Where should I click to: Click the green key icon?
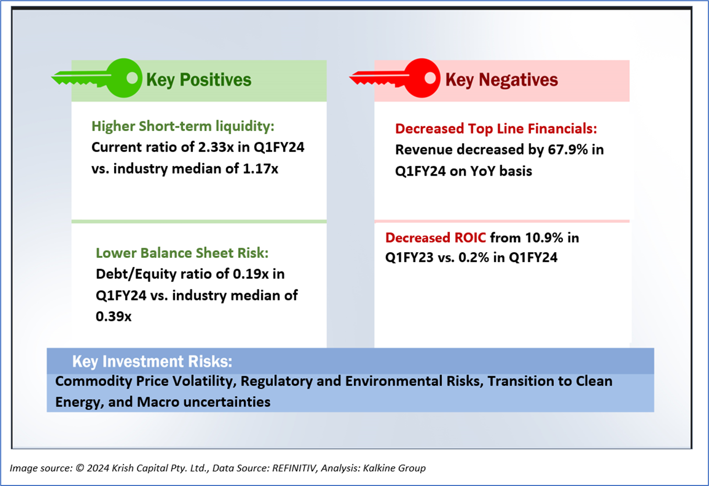99,79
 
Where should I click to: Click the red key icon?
398,79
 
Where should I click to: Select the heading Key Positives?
198,80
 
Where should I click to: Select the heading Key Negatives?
501,80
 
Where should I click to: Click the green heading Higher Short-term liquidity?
183,126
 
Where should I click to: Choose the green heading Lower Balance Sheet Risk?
182,253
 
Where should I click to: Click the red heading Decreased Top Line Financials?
496,129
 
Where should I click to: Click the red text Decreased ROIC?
436,238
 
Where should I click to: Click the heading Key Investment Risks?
152,361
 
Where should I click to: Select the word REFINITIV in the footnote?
294,468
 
